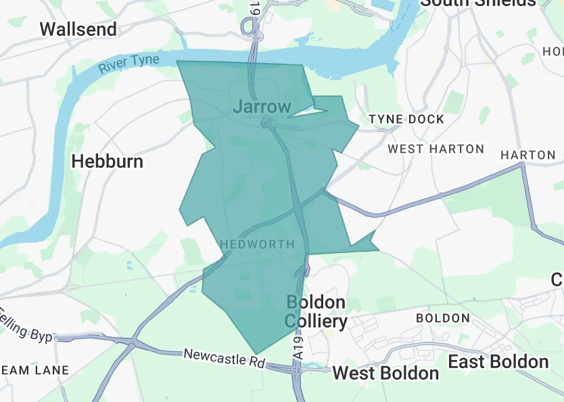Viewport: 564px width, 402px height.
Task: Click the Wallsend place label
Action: click(78, 29)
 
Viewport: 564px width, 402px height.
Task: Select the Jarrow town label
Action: click(262, 106)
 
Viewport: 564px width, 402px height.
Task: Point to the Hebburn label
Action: click(107, 161)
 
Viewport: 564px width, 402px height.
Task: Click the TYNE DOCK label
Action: click(406, 119)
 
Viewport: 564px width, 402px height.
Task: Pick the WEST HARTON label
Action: click(436, 149)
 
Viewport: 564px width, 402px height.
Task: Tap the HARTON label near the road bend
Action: click(527, 155)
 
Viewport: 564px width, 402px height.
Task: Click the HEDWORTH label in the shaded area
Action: click(258, 244)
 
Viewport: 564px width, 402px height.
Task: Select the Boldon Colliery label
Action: click(316, 311)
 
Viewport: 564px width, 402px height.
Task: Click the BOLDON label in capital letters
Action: click(442, 318)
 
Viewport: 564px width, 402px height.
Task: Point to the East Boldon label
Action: click(498, 361)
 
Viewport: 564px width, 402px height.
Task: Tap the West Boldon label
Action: click(385, 373)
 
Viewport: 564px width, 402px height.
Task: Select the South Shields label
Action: click(477, 2)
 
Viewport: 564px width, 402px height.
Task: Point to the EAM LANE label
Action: click(34, 370)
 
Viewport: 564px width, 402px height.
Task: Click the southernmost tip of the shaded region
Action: click(256, 353)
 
